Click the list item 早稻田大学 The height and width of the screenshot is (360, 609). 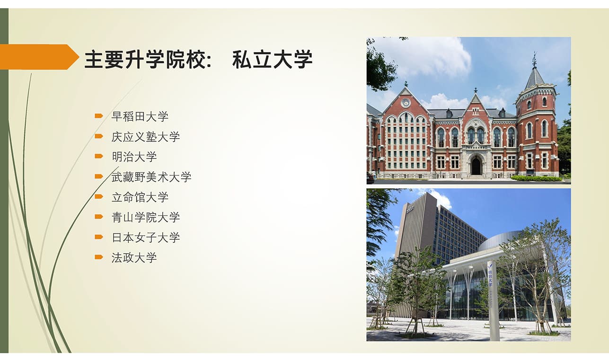140,116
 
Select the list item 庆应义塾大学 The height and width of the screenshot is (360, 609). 145,137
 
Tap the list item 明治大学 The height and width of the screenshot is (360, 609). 134,157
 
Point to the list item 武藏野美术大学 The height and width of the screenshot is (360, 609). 151,177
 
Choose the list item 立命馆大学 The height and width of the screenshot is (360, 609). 140,197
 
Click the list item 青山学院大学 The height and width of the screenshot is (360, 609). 145,217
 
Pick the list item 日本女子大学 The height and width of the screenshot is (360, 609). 145,237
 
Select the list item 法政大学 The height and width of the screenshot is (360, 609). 134,257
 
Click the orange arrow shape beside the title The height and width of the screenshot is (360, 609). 39,57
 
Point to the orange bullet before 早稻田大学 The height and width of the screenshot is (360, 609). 99,116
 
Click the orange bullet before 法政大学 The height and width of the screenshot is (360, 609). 99,257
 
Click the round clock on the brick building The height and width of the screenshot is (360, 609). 406,103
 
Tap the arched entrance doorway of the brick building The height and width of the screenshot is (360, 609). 476,165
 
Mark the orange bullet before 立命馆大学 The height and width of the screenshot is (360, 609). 99,197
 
